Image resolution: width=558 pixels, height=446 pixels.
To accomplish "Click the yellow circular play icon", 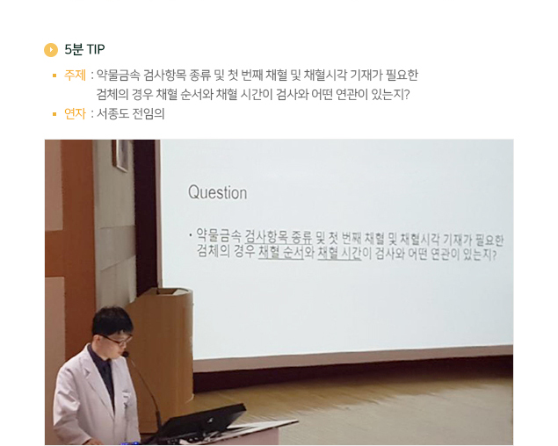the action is (51, 50).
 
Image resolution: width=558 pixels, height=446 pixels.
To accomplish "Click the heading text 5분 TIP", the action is (84, 49).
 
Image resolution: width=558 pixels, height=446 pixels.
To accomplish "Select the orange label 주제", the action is (75, 75).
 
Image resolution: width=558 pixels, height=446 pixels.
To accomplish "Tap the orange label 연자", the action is (75, 114).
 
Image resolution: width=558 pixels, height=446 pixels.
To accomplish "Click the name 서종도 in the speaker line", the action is (112, 114).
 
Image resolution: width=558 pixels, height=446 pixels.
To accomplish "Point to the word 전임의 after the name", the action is (149, 114).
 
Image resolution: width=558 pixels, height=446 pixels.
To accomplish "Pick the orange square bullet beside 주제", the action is (54, 76).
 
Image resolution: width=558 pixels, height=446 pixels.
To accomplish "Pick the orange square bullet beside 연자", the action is (54, 114).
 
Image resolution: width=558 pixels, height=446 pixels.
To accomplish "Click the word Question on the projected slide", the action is (217, 192).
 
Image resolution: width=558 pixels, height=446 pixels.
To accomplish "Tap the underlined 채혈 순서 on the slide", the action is (281, 252).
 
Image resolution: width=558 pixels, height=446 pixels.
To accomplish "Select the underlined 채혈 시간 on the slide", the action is (339, 253).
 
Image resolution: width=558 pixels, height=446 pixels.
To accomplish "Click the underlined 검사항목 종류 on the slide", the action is (279, 236).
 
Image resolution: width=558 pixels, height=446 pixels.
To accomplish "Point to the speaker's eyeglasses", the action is (117, 340).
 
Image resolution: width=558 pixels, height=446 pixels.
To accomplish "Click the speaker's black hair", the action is (112, 320).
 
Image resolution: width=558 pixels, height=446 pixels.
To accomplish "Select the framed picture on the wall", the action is (120, 155).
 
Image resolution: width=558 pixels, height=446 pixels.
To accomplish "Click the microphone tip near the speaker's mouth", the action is (126, 354).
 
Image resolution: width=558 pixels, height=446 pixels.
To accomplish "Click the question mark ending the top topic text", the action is (407, 95).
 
